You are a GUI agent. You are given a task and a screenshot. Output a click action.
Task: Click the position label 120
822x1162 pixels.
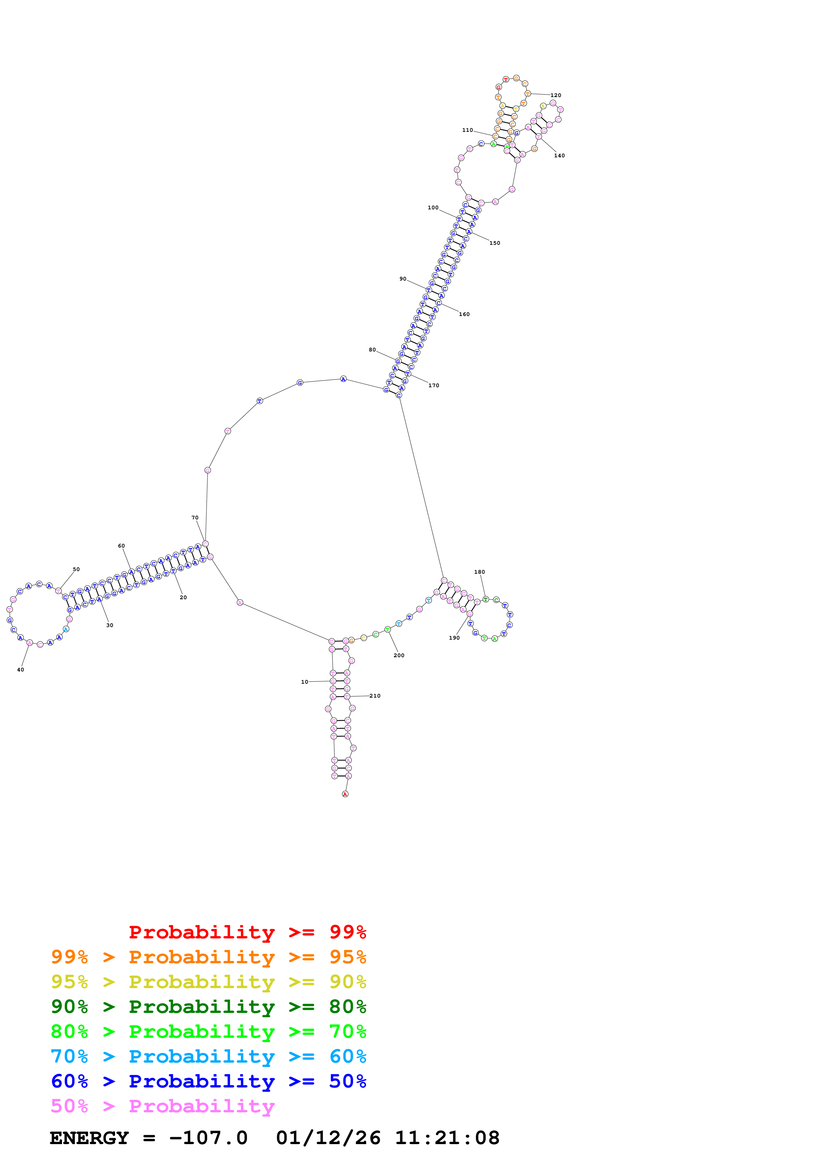click(x=556, y=95)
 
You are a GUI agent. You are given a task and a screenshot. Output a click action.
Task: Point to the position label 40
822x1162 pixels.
click(x=20, y=669)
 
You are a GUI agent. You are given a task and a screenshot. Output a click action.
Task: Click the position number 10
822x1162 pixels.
click(x=304, y=682)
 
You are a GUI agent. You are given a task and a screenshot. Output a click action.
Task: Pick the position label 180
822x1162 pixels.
click(x=479, y=572)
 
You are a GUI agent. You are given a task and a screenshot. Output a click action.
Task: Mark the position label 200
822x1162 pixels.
click(x=399, y=656)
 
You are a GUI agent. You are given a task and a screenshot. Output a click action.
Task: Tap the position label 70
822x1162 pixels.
click(x=195, y=518)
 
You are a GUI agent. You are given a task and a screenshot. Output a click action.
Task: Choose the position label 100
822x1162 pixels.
click(x=433, y=207)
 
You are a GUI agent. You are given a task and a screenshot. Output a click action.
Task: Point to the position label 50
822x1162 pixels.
click(x=76, y=569)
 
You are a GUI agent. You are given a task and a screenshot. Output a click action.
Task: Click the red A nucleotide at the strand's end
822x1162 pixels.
click(x=345, y=794)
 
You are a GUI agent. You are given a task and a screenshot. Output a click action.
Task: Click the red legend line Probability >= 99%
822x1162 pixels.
click(x=247, y=932)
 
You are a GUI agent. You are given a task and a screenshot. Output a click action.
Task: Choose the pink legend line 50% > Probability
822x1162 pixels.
click(x=162, y=1106)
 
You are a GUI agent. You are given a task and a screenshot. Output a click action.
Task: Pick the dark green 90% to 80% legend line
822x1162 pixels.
click(x=208, y=1007)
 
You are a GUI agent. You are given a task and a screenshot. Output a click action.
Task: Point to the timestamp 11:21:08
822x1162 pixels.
click(x=447, y=1138)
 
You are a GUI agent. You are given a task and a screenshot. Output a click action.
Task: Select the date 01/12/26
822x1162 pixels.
click(x=328, y=1138)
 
